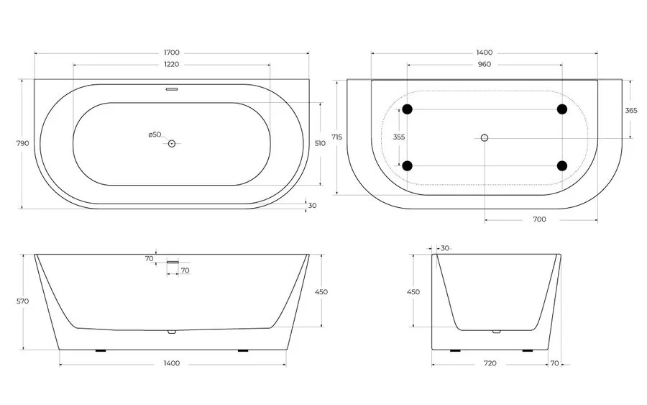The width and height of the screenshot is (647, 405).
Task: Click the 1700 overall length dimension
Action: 171,53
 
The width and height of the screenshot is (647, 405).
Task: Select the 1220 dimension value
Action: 171,64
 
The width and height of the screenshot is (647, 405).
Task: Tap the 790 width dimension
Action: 22,143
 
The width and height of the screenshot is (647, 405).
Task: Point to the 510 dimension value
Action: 320,143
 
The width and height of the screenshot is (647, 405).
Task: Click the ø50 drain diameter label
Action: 155,135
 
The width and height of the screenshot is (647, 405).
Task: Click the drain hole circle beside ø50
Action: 172,144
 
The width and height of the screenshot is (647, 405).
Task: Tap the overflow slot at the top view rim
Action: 172,90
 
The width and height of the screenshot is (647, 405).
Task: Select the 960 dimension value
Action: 484,64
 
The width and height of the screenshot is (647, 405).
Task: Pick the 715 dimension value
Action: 337,137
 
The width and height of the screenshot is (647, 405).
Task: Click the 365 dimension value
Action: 630,110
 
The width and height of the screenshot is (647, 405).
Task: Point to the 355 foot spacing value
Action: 399,137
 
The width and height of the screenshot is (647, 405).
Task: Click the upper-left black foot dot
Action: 408,109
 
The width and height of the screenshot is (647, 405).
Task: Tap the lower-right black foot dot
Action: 561,166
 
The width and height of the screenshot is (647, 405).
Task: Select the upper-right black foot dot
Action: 561,109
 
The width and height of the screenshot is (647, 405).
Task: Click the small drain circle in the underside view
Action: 485,137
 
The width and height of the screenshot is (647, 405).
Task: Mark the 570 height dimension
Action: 22,301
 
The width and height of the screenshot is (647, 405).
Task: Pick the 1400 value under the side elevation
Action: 171,363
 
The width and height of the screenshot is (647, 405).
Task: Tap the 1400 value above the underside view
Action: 484,53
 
